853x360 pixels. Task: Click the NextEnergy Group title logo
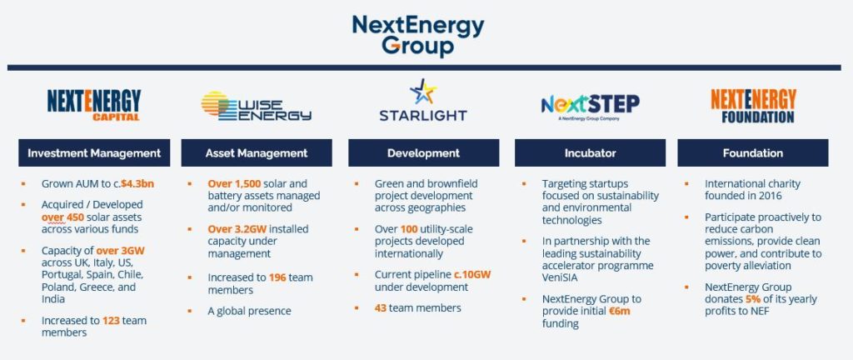click(417, 35)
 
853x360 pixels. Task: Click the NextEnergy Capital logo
click(94, 106)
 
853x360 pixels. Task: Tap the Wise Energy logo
click(256, 107)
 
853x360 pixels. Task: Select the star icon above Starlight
click(423, 92)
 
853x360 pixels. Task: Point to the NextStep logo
click(590, 105)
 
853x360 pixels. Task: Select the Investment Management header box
click(94, 153)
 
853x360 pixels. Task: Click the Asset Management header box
click(257, 153)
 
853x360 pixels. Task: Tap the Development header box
click(423, 153)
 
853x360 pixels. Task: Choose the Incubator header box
click(590, 153)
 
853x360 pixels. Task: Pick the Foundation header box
click(753, 153)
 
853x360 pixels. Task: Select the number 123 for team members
click(112, 320)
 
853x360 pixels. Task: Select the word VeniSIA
click(564, 267)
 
